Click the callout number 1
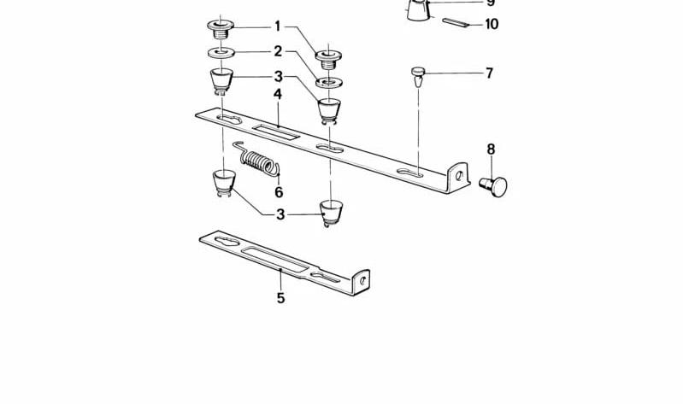click(x=278, y=26)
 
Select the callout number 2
click(x=278, y=51)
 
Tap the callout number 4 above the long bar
click(x=278, y=94)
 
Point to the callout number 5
click(x=281, y=298)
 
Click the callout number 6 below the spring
click(x=279, y=191)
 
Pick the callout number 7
click(x=490, y=73)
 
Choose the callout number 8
click(x=491, y=149)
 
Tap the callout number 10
click(x=492, y=24)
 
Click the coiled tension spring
click(x=257, y=161)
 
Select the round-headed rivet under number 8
click(x=494, y=186)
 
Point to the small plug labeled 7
click(x=418, y=76)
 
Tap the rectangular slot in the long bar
click(x=276, y=132)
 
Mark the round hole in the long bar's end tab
click(x=459, y=175)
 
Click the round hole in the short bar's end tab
click(x=362, y=281)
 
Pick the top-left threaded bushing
click(x=221, y=29)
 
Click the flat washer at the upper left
click(x=221, y=53)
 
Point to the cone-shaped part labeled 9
click(x=419, y=9)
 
